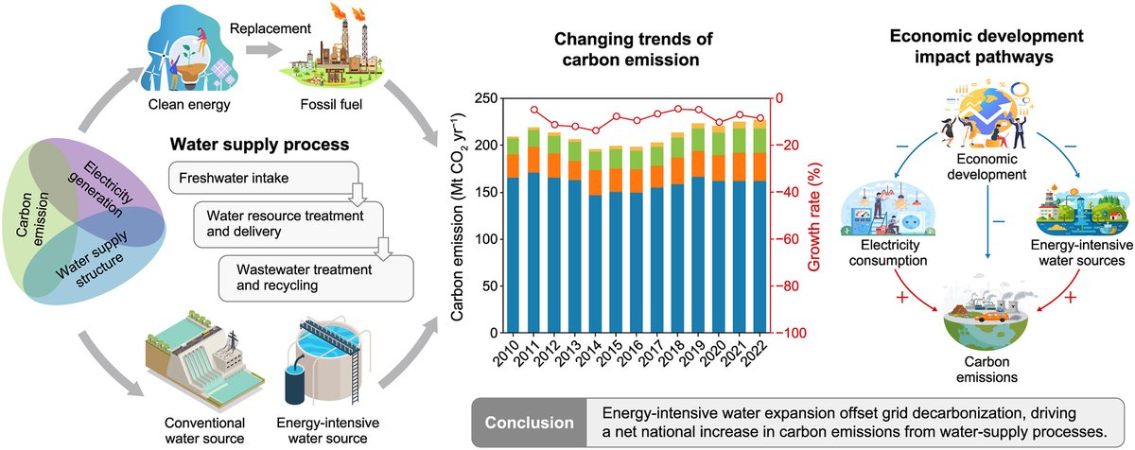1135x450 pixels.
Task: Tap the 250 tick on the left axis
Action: (x=484, y=98)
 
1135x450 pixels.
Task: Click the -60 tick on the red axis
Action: (x=785, y=239)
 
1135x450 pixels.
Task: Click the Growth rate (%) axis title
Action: (x=812, y=216)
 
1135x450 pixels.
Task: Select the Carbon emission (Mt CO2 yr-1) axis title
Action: (x=460, y=216)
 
